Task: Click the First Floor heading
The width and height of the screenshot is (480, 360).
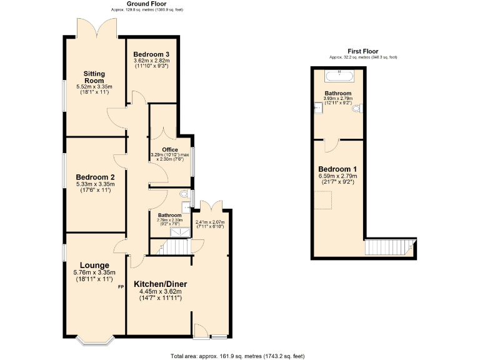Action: point(363,51)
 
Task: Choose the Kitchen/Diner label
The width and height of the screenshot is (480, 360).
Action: point(161,284)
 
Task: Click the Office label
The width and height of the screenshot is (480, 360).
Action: point(170,149)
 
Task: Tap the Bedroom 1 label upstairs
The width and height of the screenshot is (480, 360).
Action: point(337,169)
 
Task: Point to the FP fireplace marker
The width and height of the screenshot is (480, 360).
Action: point(121,287)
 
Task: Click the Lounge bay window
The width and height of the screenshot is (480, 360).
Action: point(94,341)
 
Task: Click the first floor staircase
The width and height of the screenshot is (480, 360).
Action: point(390,247)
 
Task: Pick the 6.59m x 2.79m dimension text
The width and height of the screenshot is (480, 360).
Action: point(337,176)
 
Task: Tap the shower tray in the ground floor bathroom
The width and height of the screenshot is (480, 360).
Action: point(180,232)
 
